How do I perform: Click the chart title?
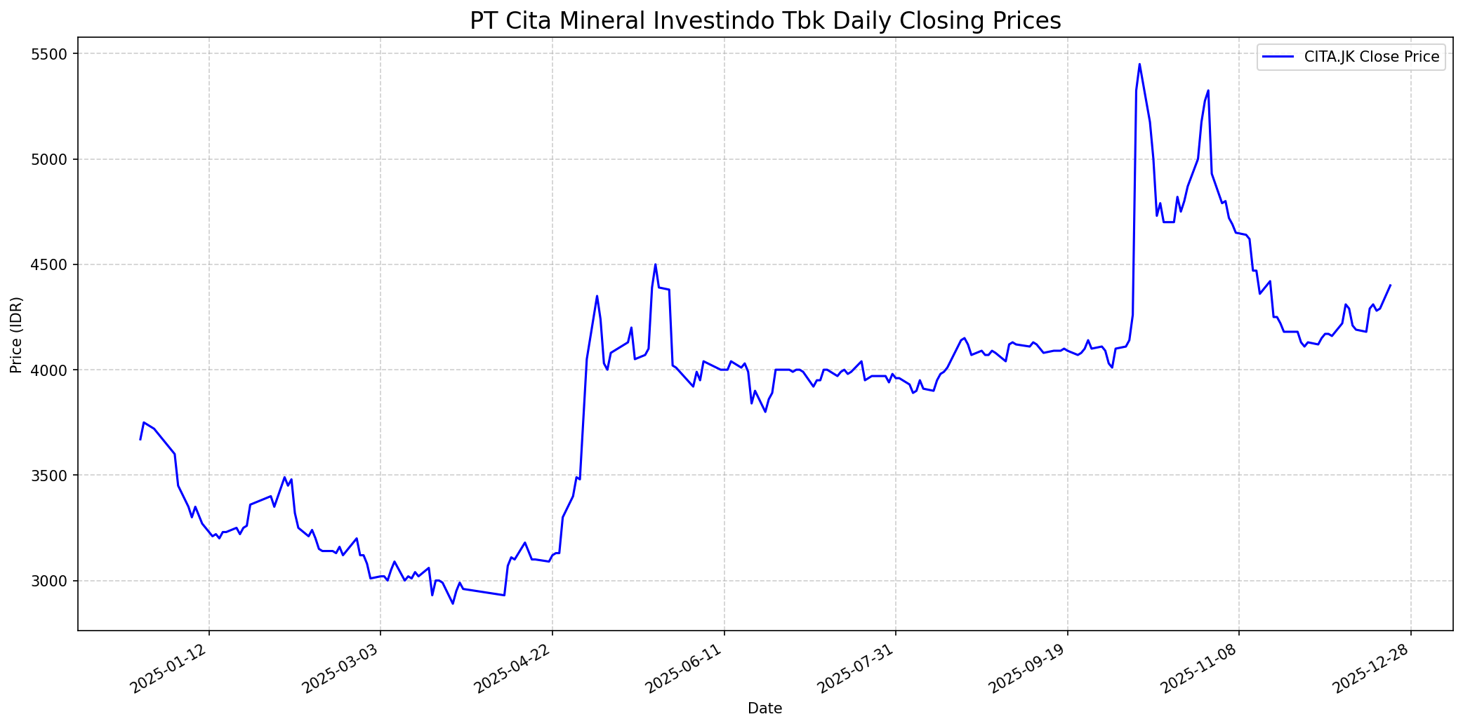pyautogui.click(x=764, y=21)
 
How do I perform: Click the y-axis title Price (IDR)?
pyautogui.click(x=16, y=335)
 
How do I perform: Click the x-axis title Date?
pyautogui.click(x=764, y=708)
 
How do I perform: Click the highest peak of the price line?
pyautogui.click(x=1139, y=64)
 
